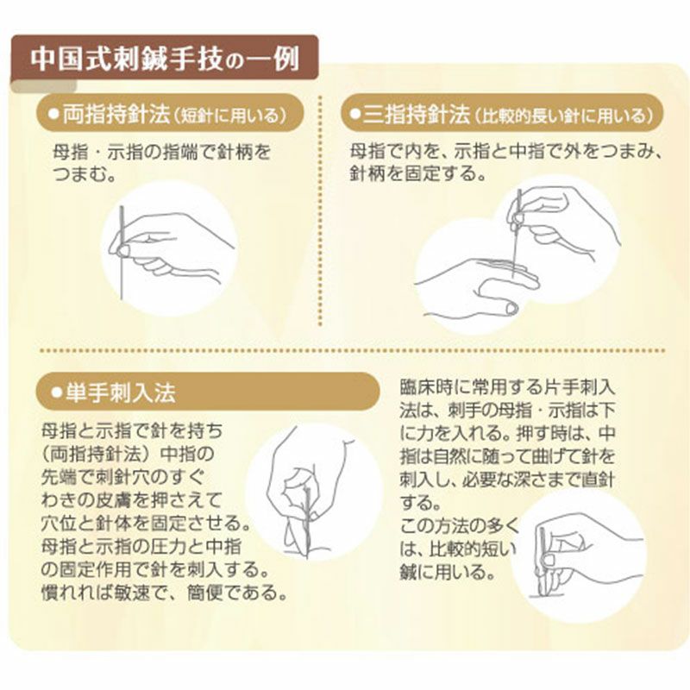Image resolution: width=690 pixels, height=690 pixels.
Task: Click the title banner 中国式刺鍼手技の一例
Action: point(164,58)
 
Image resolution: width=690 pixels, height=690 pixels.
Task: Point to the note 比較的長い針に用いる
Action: point(566,115)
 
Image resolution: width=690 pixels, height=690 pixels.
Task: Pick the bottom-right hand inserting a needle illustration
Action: point(578,552)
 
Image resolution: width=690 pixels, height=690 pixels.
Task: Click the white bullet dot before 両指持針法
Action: point(53,114)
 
